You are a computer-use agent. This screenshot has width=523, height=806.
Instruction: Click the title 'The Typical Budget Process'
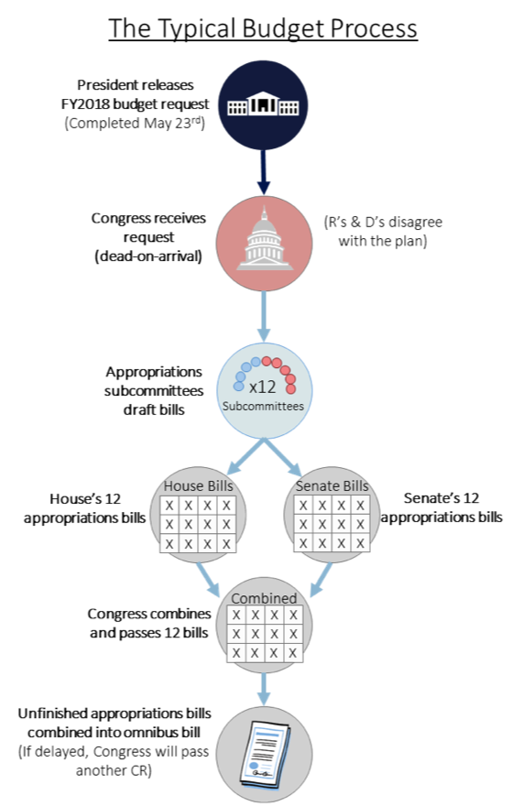tap(263, 28)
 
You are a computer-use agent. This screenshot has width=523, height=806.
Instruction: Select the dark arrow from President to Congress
tap(263, 172)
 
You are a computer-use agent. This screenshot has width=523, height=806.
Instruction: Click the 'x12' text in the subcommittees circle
tap(262, 387)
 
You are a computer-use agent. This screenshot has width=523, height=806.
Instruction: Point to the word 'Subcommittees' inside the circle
tap(263, 406)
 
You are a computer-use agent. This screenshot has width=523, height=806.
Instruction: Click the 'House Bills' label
tap(198, 485)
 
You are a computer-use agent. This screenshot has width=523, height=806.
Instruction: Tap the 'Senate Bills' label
tap(332, 485)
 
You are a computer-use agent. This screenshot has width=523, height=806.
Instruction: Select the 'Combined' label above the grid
tap(264, 598)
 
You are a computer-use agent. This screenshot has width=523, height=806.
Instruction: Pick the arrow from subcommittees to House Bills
tap(245, 456)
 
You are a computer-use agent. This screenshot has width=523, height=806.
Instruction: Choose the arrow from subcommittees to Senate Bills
tap(282, 456)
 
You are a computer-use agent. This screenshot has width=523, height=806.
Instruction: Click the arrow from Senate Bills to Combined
tap(321, 580)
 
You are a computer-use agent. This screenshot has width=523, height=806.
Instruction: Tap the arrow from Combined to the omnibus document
tap(263, 689)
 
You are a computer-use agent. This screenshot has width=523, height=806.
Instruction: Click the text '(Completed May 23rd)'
tap(135, 124)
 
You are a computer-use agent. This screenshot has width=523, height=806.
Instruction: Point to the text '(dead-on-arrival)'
tap(148, 256)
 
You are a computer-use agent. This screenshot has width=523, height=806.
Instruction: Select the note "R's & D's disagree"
tap(383, 222)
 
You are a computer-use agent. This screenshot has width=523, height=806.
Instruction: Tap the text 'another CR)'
tap(114, 770)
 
